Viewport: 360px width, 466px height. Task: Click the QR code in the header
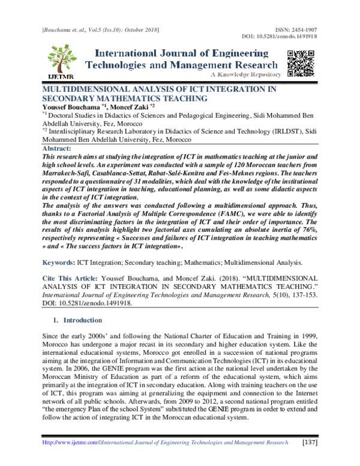[x=301, y=63]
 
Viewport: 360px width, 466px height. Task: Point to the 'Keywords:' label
[x=58, y=263]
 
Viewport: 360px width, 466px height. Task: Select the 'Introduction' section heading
[x=84, y=321]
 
